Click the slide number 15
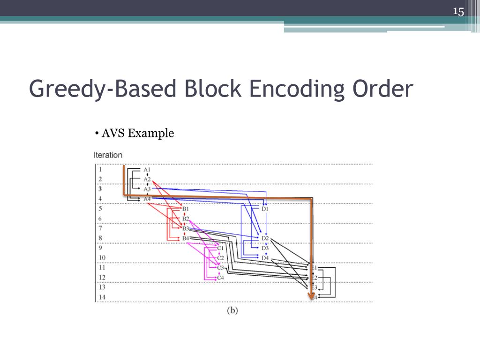coord(458,12)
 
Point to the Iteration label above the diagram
coord(108,155)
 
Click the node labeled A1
coord(147,169)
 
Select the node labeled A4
coord(147,199)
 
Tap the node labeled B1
coord(185,209)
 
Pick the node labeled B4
coord(185,238)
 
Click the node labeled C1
coord(220,248)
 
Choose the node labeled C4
coord(220,277)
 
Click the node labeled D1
coord(265,209)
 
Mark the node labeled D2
coord(265,238)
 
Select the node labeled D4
coord(265,258)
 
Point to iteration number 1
coord(100,169)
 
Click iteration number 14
coord(102,297)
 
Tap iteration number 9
coord(100,248)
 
